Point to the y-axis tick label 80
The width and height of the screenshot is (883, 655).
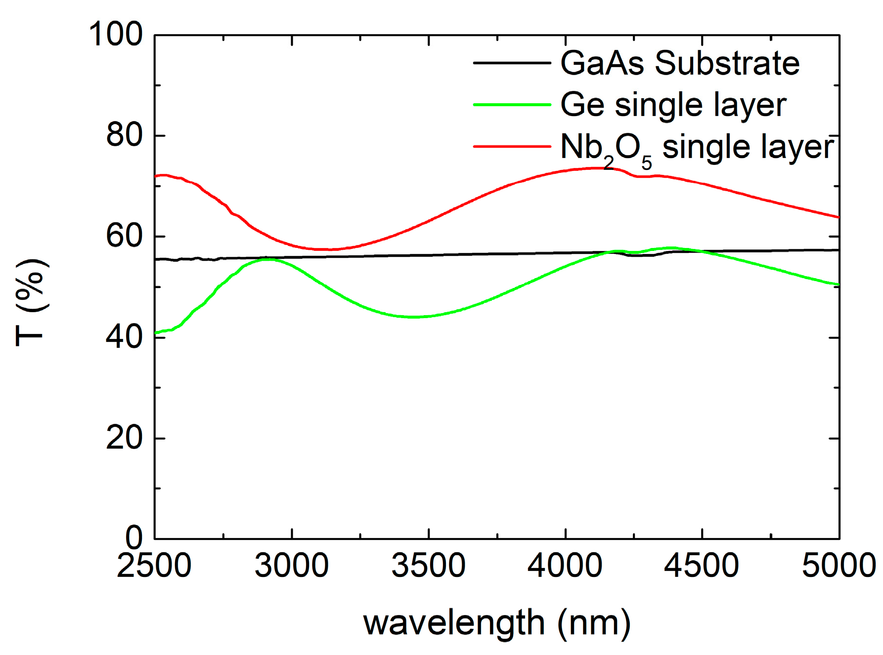click(x=124, y=135)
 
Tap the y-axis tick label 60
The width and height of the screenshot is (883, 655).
click(x=124, y=236)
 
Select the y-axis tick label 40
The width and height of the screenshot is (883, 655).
click(x=124, y=337)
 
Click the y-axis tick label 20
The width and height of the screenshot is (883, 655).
click(x=124, y=438)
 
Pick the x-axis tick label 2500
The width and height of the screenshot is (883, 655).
click(x=154, y=566)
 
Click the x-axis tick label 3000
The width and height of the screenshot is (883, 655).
click(x=292, y=566)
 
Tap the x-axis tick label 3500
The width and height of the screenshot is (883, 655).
click(x=428, y=566)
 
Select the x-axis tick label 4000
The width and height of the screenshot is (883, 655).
click(x=565, y=566)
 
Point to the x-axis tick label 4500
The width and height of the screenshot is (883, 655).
click(x=702, y=566)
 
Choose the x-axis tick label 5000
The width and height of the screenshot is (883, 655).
click(x=839, y=566)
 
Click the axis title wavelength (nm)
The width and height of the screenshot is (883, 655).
click(x=497, y=623)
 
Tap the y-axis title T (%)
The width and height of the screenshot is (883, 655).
click(x=31, y=302)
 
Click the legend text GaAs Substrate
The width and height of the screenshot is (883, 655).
click(x=680, y=63)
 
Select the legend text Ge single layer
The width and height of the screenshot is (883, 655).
click(x=673, y=105)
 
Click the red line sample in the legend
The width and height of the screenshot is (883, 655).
click(x=512, y=146)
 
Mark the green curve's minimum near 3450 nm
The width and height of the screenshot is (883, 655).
click(x=414, y=317)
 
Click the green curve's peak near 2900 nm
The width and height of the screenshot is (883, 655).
click(x=267, y=259)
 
